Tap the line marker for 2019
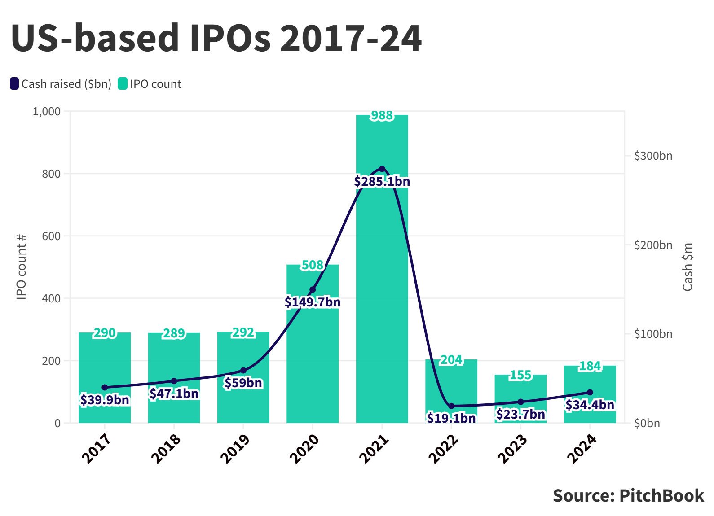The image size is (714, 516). pyautogui.click(x=243, y=371)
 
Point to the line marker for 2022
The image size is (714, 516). pyautogui.click(x=451, y=406)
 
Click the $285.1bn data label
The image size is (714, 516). pyautogui.click(x=382, y=182)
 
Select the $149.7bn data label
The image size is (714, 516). pyautogui.click(x=313, y=302)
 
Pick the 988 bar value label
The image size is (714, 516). pyautogui.click(x=382, y=116)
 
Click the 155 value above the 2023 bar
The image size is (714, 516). pyautogui.click(x=520, y=375)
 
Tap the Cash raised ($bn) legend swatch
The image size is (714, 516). pyautogui.click(x=14, y=84)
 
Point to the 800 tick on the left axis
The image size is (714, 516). pyautogui.click(x=51, y=174)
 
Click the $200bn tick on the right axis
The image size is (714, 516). pyautogui.click(x=653, y=245)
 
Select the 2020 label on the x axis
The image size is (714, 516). pyautogui.click(x=304, y=448)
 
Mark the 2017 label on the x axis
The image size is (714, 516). pyautogui.click(x=97, y=448)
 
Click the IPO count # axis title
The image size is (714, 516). pyautogui.click(x=22, y=267)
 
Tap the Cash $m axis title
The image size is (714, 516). pyautogui.click(x=688, y=267)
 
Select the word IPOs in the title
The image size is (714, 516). pyautogui.click(x=230, y=38)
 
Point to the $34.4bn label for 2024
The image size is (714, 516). pyautogui.click(x=590, y=405)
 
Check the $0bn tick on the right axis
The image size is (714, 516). pyautogui.click(x=647, y=423)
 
